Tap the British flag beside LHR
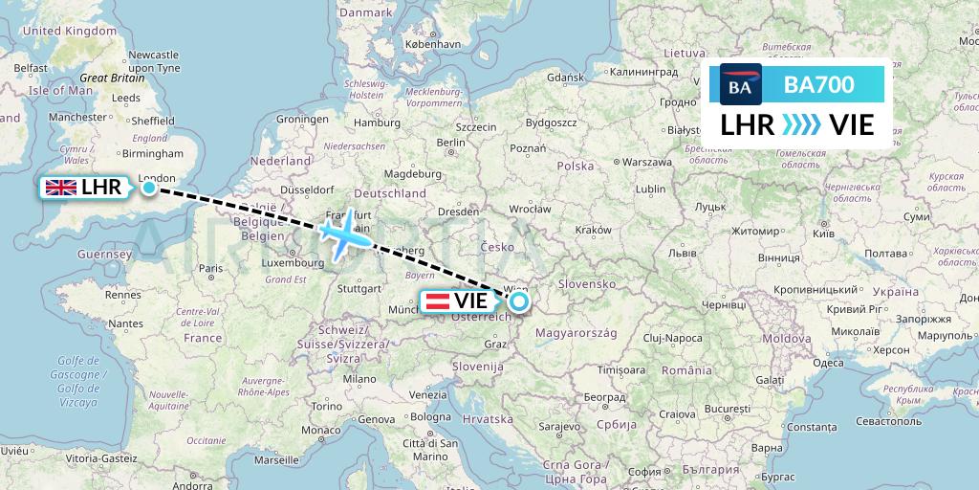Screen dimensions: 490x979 point(60,188)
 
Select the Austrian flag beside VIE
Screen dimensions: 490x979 point(437,302)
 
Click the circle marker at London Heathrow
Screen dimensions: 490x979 point(149,188)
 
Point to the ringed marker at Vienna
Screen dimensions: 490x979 point(518,302)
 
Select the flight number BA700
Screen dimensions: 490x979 point(819,85)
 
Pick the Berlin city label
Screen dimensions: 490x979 point(449,143)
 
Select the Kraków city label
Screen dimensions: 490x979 point(593,231)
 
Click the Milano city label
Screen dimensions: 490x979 point(360,379)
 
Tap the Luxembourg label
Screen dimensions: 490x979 point(294,261)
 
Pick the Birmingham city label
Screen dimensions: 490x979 point(152,153)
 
